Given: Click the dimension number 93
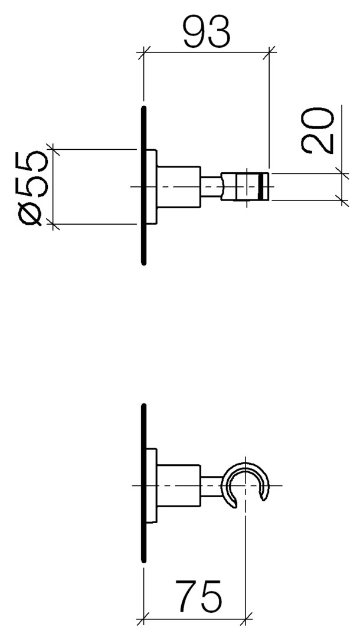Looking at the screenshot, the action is (x=207, y=32).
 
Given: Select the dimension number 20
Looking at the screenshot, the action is (x=318, y=130).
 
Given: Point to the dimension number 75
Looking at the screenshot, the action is (x=199, y=596).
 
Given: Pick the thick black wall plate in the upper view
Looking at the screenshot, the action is (x=143, y=186).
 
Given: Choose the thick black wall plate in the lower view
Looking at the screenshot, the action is (x=143, y=484).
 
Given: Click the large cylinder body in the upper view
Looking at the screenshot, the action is (x=179, y=187).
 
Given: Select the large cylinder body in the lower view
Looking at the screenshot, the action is (x=179, y=485).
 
